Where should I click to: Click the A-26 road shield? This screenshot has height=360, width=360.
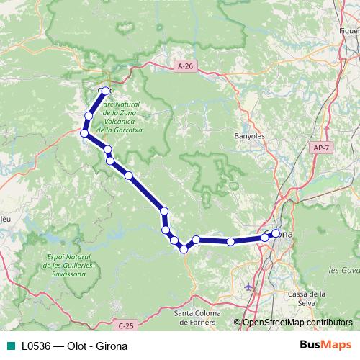tap(185, 66)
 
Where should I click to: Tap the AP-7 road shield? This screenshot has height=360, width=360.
tap(320, 148)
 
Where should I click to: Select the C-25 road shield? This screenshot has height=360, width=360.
tap(127, 326)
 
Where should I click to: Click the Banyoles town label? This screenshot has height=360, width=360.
tap(251, 135)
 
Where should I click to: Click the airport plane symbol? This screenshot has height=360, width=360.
tap(249, 286)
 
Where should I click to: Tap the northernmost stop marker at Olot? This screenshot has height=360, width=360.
tap(106, 91)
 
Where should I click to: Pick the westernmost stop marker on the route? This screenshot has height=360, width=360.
tap(84, 133)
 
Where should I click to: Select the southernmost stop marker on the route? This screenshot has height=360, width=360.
tap(184, 249)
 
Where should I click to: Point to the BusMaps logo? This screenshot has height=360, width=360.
tap(326, 346)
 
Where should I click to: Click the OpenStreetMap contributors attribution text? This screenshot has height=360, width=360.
tap(297, 322)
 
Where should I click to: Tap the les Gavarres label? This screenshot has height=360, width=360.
tap(343, 270)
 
